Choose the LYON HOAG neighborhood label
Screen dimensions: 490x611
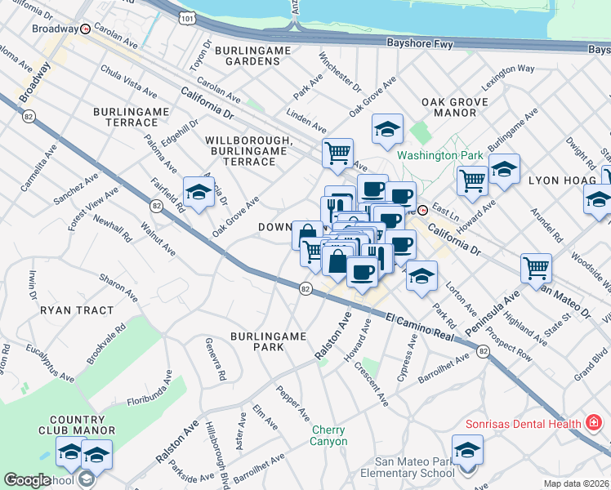tap(553, 180)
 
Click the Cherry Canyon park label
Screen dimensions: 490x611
tap(328, 435)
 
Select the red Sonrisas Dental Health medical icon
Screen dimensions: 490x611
tap(595, 423)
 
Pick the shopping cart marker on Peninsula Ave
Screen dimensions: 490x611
tap(536, 267)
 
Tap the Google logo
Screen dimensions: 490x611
tap(27, 480)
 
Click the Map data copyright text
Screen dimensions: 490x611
tap(576, 483)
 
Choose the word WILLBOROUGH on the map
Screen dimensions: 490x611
tap(248, 140)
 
